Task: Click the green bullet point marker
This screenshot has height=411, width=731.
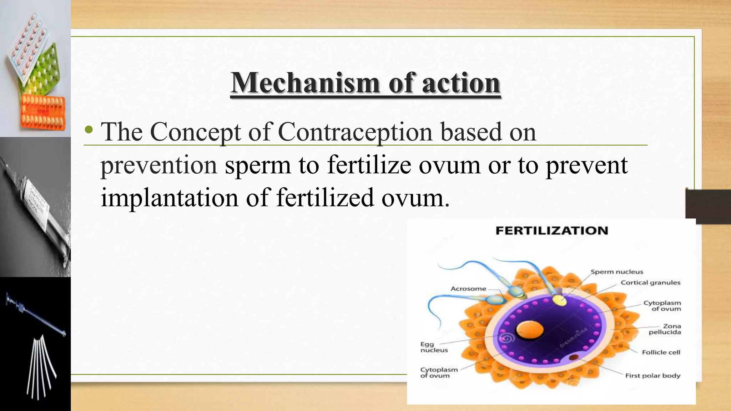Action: tap(89, 131)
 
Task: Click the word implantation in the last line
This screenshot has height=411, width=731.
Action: tap(169, 198)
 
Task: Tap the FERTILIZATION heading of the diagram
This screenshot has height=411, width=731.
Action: tap(552, 231)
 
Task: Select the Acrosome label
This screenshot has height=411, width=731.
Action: tap(468, 289)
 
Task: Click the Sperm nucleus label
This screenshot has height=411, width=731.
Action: tap(616, 272)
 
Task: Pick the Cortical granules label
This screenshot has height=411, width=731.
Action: tap(650, 283)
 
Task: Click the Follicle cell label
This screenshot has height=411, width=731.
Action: tap(661, 352)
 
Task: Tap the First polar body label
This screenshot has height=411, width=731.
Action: tap(652, 375)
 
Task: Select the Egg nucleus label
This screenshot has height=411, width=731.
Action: tap(434, 347)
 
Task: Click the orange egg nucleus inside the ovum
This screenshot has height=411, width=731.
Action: tap(530, 330)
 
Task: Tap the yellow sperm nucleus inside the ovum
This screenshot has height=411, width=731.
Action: tap(559, 300)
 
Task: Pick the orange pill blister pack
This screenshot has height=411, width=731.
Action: tap(43, 112)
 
